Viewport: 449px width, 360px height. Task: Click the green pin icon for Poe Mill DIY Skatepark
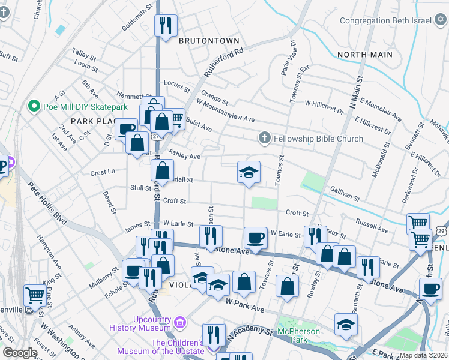(34, 108)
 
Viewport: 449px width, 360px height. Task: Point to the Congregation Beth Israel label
(385, 20)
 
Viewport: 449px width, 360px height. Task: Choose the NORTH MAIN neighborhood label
(365, 55)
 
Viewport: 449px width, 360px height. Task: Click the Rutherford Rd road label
(223, 62)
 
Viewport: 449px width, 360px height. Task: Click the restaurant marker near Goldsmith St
(165, 26)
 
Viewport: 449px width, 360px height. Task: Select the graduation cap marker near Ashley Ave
(249, 173)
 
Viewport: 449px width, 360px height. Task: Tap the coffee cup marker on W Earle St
(255, 238)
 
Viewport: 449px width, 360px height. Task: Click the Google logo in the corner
(20, 353)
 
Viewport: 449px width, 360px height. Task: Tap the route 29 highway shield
(442, 230)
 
